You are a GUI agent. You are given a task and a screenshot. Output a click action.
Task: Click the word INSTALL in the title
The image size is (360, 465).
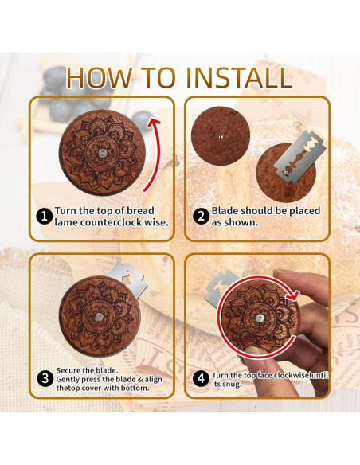click(x=240, y=78)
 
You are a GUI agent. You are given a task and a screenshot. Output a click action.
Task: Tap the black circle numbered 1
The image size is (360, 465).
click(x=45, y=217)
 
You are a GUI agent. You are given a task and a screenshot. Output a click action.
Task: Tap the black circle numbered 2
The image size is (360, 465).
click(x=201, y=217)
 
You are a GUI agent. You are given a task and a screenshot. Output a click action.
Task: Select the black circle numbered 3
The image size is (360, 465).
click(x=45, y=379)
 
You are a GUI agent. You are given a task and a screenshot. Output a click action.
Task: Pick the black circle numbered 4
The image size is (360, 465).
click(x=201, y=379)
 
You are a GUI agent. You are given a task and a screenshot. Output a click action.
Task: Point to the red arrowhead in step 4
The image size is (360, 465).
click(x=294, y=295)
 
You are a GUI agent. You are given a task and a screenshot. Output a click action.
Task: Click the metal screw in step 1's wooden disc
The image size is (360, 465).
click(x=102, y=153)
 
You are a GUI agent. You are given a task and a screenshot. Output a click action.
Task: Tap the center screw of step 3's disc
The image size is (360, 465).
click(x=99, y=317)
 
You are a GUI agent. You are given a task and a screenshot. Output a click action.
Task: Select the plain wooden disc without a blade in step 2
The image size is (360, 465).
click(x=221, y=136)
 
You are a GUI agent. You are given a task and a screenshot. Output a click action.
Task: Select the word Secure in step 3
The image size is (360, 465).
click(x=68, y=370)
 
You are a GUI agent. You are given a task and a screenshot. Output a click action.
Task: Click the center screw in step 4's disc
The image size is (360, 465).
click(x=260, y=318)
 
